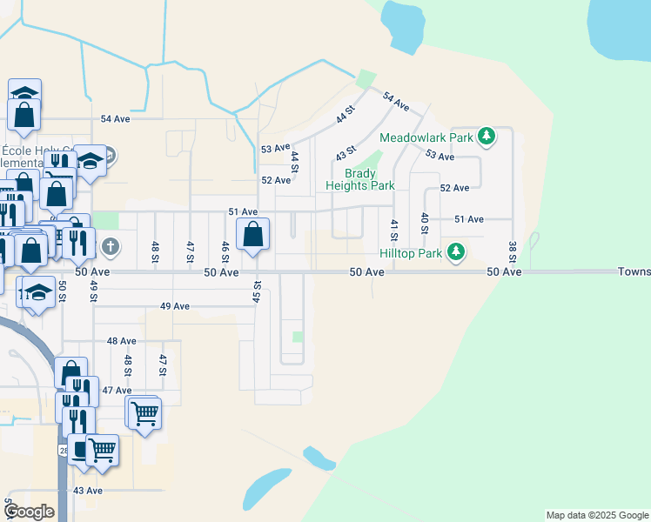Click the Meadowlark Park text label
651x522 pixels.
[x=426, y=137]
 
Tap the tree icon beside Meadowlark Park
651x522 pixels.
[x=487, y=137]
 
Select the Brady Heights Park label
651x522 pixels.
[x=359, y=179]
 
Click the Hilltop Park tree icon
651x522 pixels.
[x=454, y=252]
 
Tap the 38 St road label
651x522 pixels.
[x=512, y=252]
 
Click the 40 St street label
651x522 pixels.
[x=424, y=223]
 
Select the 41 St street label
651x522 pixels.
[x=393, y=231]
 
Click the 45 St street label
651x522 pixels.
[x=257, y=291]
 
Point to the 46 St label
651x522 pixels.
[x=225, y=252]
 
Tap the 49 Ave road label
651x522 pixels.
[x=175, y=306]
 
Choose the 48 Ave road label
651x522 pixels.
[x=122, y=341]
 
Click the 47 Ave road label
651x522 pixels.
[x=117, y=391]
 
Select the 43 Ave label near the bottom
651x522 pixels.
[x=87, y=491]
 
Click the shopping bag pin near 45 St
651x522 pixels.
[x=252, y=235]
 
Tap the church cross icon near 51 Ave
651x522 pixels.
[x=109, y=246]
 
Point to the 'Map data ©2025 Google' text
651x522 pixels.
[x=596, y=515]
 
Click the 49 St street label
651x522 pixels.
[x=93, y=291]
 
